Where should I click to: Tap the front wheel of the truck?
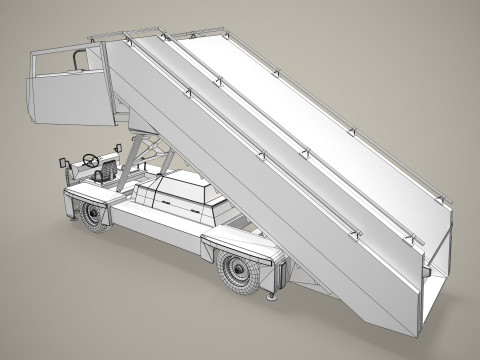coord(96,216)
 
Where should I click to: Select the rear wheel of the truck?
coord(238,267)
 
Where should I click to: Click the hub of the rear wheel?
coord(237,268)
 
